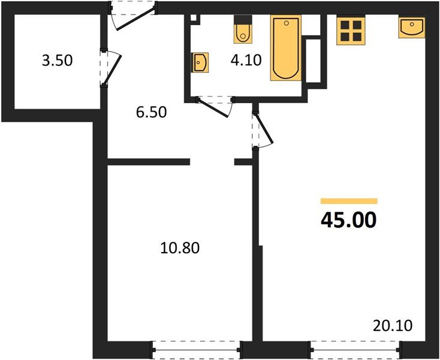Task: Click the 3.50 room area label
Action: [57, 61]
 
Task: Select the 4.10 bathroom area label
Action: [246, 61]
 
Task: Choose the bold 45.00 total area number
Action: [349, 220]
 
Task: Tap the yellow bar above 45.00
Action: [349, 202]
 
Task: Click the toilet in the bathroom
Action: [242, 31]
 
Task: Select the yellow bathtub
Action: [285, 49]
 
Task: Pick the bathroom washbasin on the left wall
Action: [200, 62]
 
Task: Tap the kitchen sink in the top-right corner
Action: [412, 28]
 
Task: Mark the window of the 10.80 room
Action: [196, 348]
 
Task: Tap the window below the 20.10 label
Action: [355, 348]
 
